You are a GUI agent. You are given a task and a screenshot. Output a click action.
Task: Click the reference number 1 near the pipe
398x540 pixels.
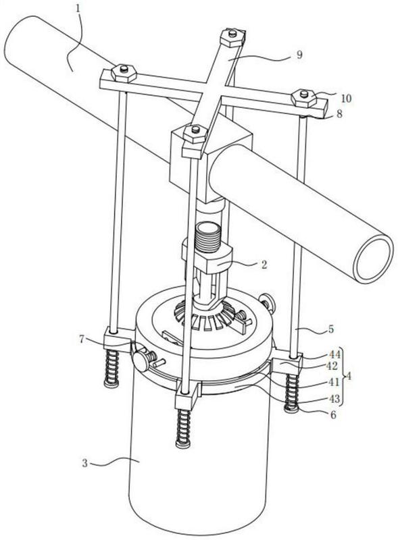[78, 8]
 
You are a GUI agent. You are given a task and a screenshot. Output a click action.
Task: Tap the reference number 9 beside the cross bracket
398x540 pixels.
[299, 55]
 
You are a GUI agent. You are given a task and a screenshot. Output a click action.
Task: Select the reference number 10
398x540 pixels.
[346, 99]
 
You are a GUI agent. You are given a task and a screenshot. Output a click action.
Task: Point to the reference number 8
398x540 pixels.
[339, 114]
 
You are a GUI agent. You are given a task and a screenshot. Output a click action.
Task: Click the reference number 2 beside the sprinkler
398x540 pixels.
[264, 265]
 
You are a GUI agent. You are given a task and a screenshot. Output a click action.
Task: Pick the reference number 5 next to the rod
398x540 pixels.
[330, 329]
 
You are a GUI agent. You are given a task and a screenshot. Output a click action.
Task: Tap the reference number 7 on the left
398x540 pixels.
[82, 340]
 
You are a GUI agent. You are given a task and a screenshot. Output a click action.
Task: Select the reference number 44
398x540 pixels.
[334, 354]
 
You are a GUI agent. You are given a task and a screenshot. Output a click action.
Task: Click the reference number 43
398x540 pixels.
[334, 398]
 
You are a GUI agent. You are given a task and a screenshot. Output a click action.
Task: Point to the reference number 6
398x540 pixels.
[333, 414]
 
